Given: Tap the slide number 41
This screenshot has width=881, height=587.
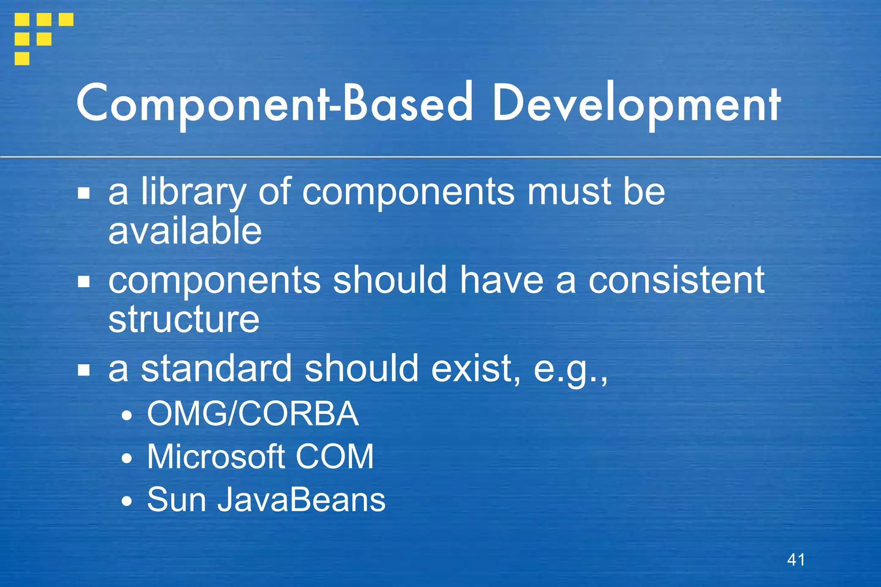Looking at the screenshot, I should (796, 559).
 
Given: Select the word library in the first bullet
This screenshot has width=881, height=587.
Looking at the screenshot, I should (194, 192).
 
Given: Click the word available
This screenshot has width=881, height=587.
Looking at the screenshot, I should (185, 231).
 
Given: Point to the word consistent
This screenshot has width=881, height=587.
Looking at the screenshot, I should (676, 280).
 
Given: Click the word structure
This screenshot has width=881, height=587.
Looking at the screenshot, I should (184, 320).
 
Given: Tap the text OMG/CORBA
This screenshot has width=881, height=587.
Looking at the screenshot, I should (253, 414).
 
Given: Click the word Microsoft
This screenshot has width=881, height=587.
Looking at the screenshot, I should (215, 457).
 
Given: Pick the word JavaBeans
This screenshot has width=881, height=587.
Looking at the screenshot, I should (301, 500).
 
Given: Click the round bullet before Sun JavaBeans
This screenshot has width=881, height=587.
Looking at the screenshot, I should (126, 501).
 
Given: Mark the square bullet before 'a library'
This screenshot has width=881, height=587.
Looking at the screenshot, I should (84, 194).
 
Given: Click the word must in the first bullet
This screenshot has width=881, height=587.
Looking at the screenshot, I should (569, 192).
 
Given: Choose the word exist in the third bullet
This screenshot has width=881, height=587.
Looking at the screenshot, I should (475, 369).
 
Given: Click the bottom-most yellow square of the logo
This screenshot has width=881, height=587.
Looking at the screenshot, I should (22, 58).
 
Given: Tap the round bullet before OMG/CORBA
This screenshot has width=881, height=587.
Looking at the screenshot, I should (126, 415).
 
